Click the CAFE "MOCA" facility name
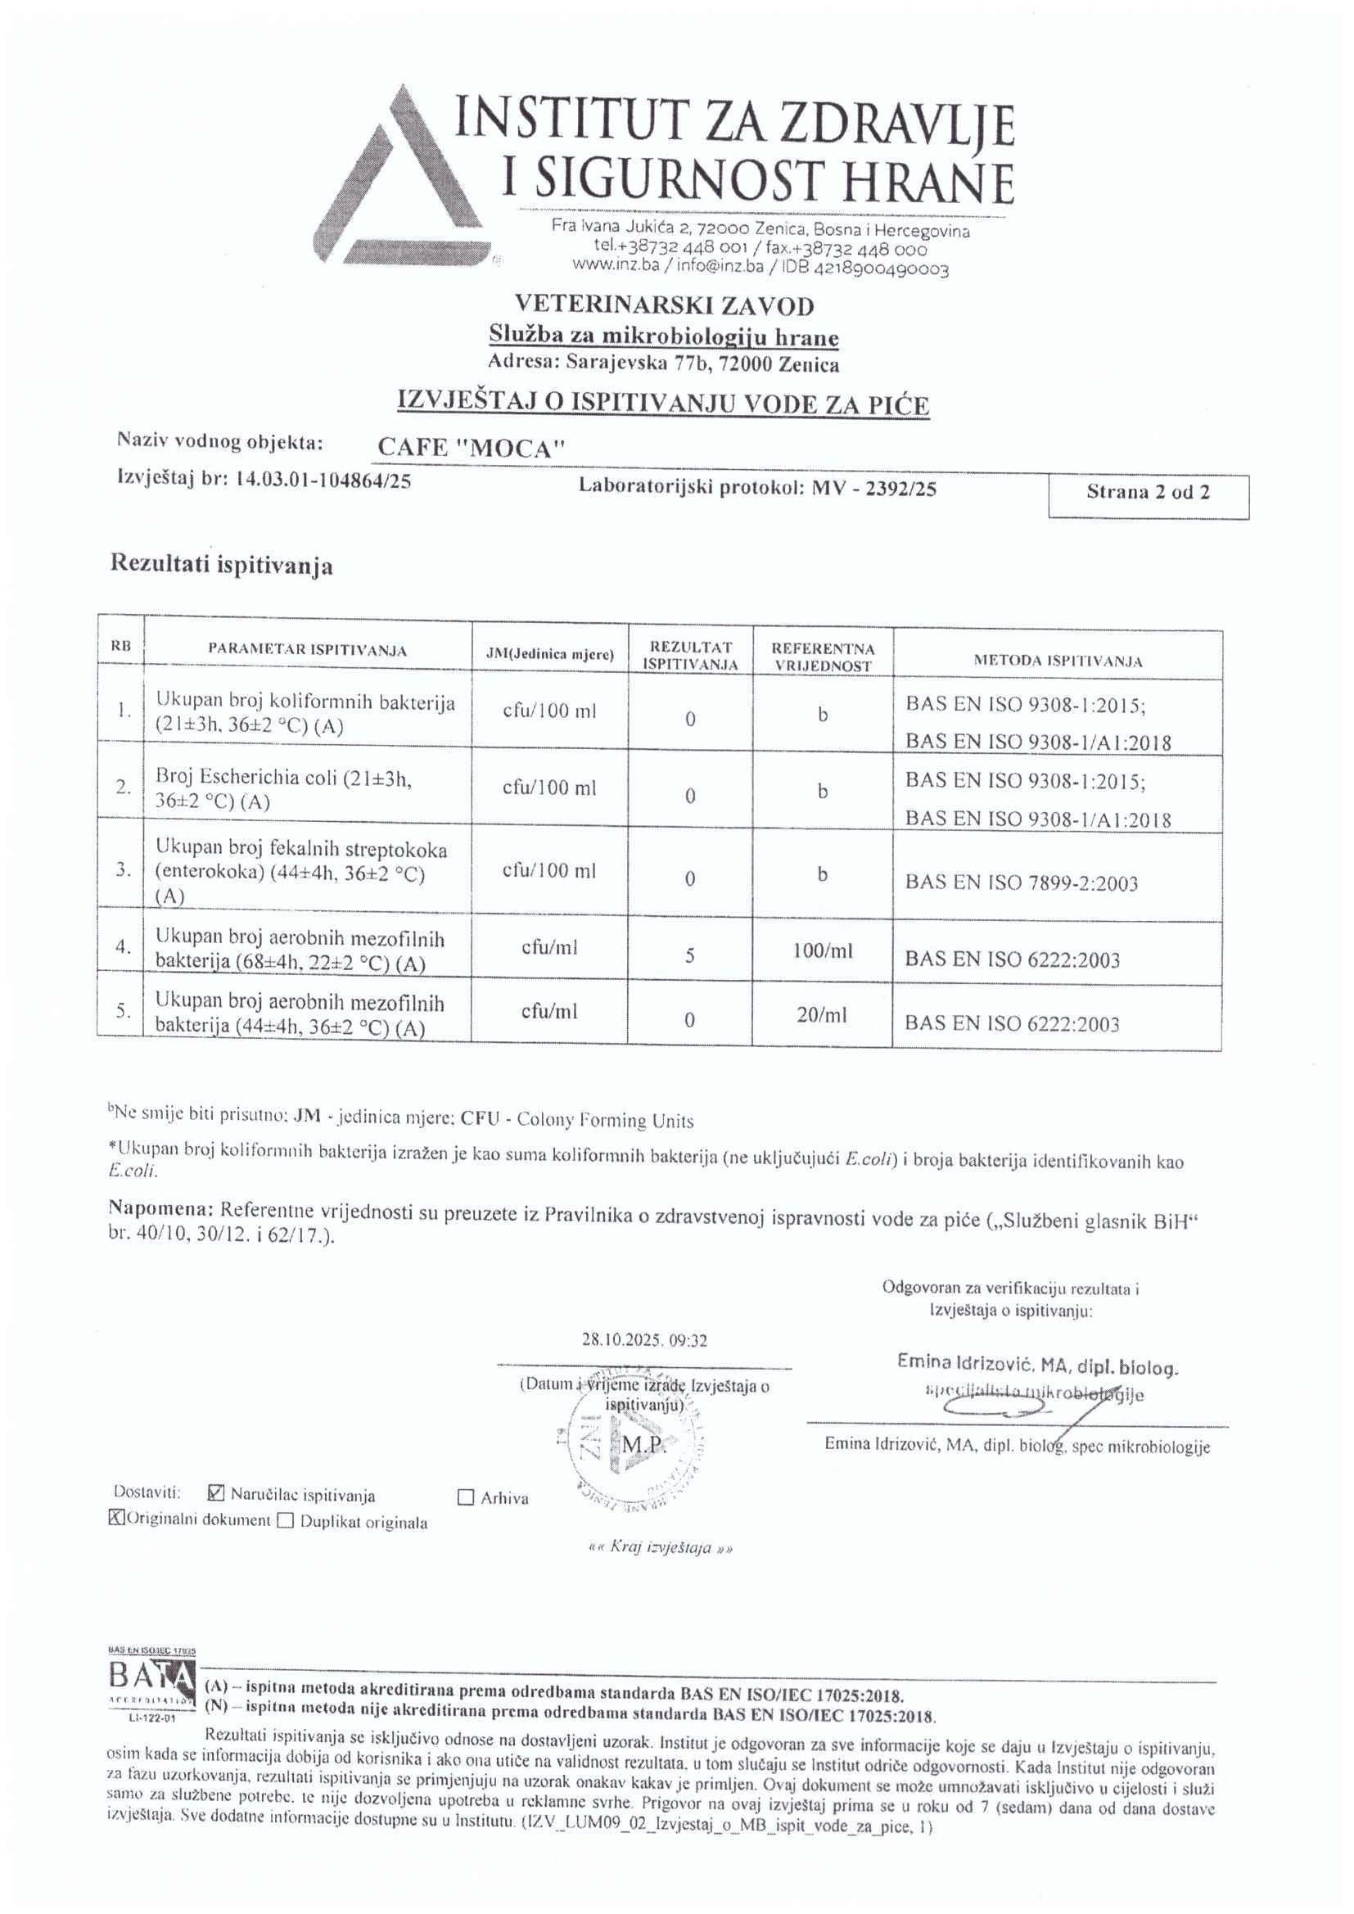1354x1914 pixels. pos(471,448)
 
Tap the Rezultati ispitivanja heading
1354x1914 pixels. pos(222,565)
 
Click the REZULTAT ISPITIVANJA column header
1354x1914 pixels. pos(689,655)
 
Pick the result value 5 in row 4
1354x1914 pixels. pos(689,955)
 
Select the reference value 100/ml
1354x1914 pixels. pos(822,950)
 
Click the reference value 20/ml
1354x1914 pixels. pos(821,1014)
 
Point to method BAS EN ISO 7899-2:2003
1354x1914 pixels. pos(1022,883)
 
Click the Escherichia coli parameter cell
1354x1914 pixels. pos(283,788)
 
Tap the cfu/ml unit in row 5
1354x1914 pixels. pos(548,1011)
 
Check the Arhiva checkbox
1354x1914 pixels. pos(466,1497)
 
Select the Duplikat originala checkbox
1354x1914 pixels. pos(285,1520)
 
